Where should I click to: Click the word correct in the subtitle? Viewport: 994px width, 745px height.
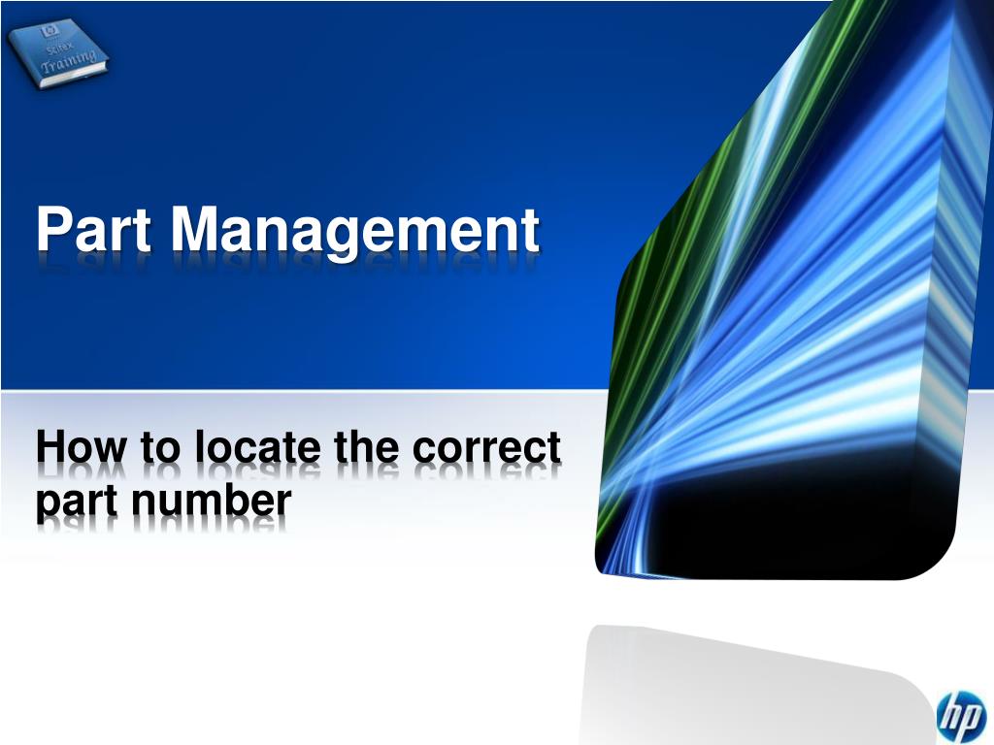486,449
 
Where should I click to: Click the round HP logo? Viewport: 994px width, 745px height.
959,717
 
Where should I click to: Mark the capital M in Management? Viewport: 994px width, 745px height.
193,231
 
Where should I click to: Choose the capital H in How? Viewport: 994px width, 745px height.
50,449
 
